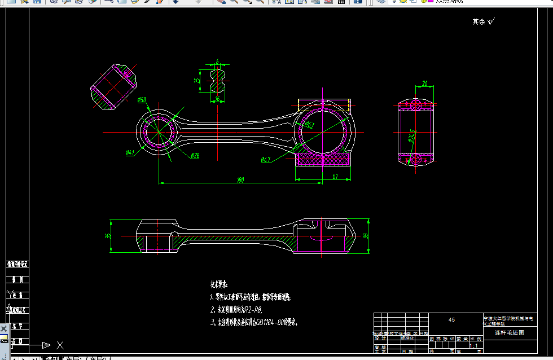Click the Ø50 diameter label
coord(142,100)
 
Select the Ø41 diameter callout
coord(130,152)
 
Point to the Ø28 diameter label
coord(195,155)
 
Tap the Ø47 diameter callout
coord(266,160)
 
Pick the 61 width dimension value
coord(335,177)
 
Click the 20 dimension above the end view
coord(424,83)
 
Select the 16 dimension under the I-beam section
coord(217,99)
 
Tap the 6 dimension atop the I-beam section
coord(217,60)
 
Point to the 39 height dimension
coord(365,236)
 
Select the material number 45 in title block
coord(451,320)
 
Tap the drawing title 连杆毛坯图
coord(509,333)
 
